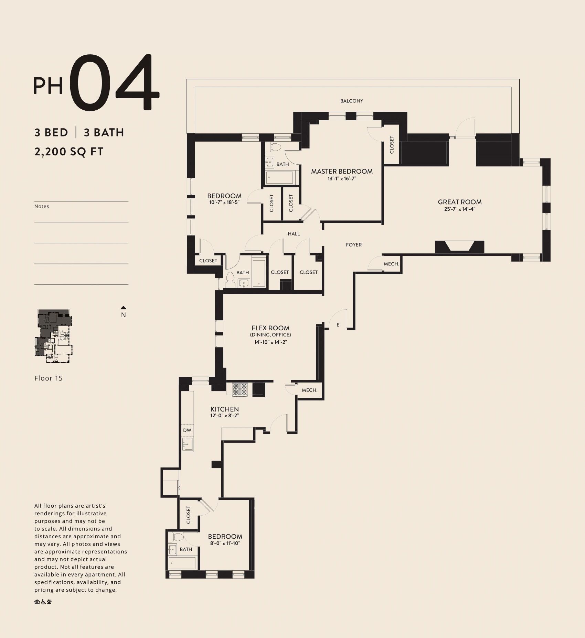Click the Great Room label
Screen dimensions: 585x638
coord(460,202)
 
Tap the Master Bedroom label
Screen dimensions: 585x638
coord(342,171)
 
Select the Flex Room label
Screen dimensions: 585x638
coord(270,328)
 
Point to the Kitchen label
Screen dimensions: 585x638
coord(225,409)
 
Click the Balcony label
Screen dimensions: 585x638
coord(352,101)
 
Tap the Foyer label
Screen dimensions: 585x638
coord(354,245)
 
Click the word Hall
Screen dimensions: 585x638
coord(294,234)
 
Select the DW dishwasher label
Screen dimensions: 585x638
coord(187,430)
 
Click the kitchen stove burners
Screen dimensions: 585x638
coord(240,389)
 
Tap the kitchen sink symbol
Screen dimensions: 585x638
coord(188,444)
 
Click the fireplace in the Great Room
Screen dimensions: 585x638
coord(459,247)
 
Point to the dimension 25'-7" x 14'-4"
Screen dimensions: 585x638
coord(460,209)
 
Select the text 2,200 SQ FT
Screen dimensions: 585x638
coord(69,152)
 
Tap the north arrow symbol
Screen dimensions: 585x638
coord(124,308)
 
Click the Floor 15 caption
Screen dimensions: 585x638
coord(49,378)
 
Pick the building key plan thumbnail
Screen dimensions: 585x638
coord(54,336)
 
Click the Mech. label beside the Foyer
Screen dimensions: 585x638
coord(391,264)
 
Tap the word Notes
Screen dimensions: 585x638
coord(42,206)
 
